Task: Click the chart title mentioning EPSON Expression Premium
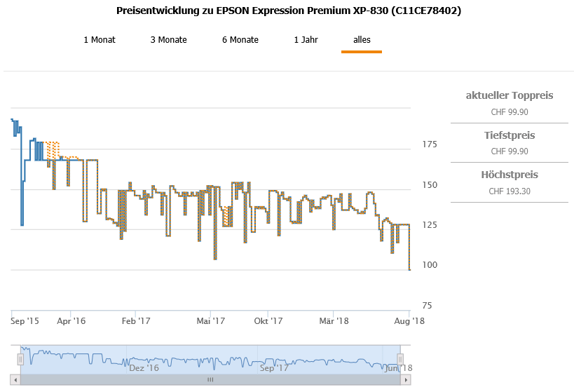pyautogui.click(x=288, y=11)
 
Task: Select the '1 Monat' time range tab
pyautogui.click(x=100, y=40)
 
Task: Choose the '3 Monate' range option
pyautogui.click(x=168, y=40)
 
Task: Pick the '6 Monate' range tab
pyautogui.click(x=240, y=40)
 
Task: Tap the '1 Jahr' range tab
pyautogui.click(x=306, y=40)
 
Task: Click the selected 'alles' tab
pyautogui.click(x=362, y=40)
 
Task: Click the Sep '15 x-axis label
pyautogui.click(x=25, y=321)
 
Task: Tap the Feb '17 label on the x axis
pyautogui.click(x=136, y=321)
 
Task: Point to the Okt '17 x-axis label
pyautogui.click(x=268, y=321)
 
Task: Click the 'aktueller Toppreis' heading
pyautogui.click(x=510, y=95)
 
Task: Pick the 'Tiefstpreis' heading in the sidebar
pyautogui.click(x=510, y=135)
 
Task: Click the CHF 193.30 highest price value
pyautogui.click(x=510, y=191)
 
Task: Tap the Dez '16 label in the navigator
pyautogui.click(x=144, y=367)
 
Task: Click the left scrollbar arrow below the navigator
pyautogui.click(x=15, y=379)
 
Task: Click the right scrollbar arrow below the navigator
pyautogui.click(x=405, y=379)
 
